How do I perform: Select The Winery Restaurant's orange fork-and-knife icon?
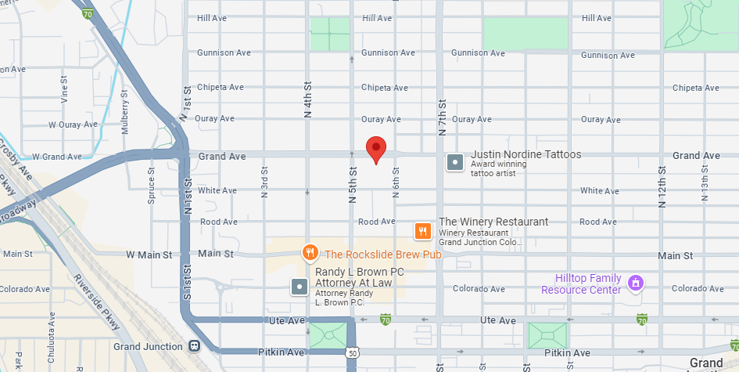pos(423,230)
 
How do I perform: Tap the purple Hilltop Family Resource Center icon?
pos(635,282)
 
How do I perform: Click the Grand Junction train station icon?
pos(193,345)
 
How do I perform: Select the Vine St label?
pos(64,92)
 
